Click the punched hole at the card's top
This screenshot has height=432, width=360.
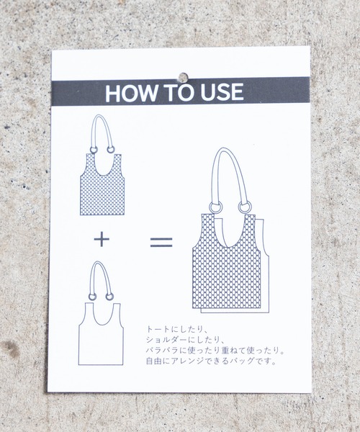point(183,78)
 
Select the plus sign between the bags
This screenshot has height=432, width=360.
point(102,239)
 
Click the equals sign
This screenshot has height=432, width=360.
point(161,242)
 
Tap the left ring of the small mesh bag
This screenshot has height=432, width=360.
point(94,150)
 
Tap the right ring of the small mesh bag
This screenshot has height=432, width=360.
point(111,150)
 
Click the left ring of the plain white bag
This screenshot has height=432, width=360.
point(92,297)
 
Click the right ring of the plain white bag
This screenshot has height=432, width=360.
point(109,297)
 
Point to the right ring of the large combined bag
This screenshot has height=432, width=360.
point(243,207)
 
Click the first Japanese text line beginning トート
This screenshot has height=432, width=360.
point(175,329)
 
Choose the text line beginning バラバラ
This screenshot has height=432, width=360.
point(215,350)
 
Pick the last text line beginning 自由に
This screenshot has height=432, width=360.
point(211,361)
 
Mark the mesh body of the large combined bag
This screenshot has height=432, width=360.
point(226,276)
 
